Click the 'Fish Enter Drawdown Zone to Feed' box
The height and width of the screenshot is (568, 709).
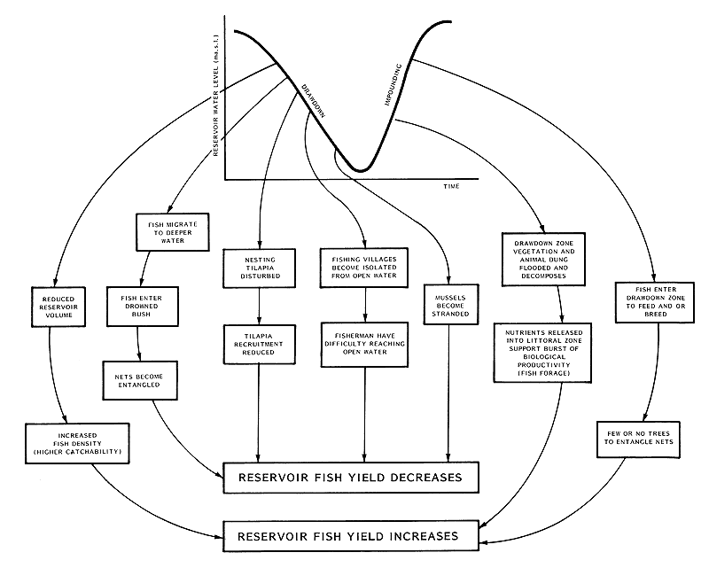(x=651, y=303)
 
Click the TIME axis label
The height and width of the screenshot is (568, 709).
(x=451, y=189)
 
